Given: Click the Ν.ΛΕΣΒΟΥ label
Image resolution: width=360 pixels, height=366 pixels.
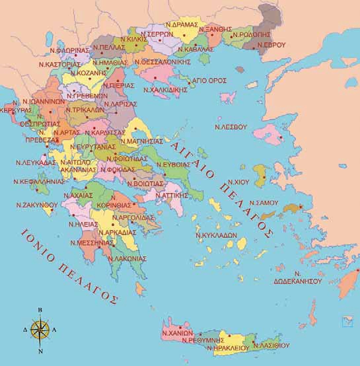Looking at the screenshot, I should click(231, 126).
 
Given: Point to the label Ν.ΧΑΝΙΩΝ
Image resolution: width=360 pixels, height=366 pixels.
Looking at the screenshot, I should click(176, 334).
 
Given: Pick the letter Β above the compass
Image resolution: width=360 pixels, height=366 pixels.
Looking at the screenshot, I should click(40, 309).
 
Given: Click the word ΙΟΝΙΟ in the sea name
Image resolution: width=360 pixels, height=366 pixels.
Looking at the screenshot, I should click(38, 242).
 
